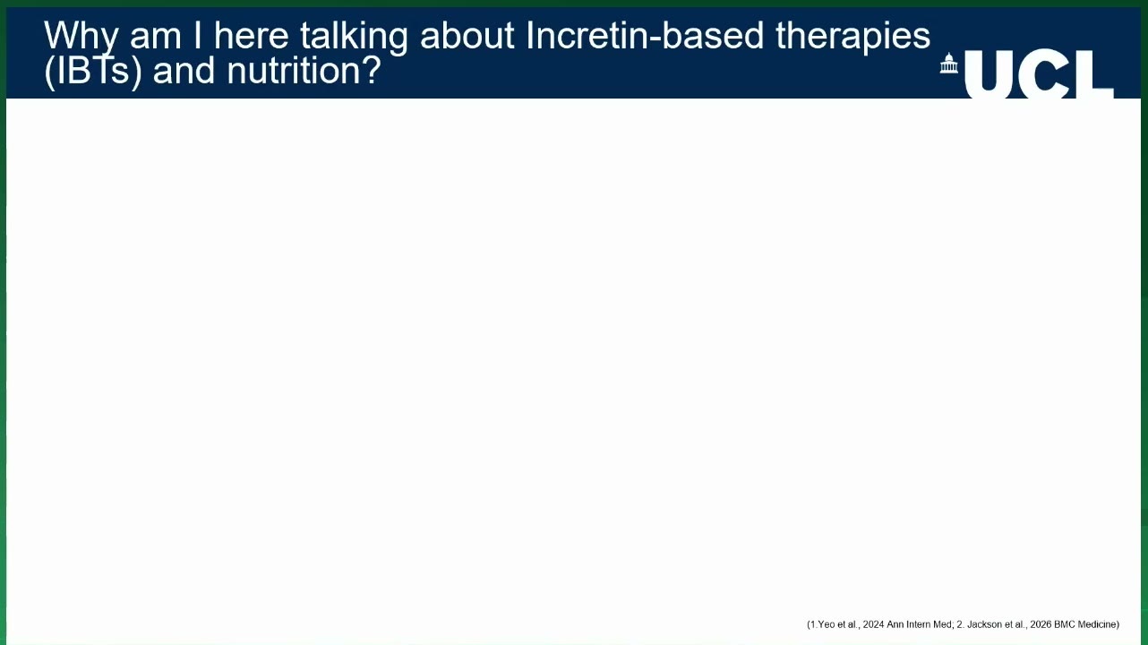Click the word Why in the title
tap(81, 37)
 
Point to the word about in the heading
tap(467, 35)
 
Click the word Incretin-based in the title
tap(645, 35)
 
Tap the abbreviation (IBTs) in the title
tap(93, 72)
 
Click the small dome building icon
tap(948, 64)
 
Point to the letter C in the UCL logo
tap(1047, 73)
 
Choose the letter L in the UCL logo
tap(1095, 73)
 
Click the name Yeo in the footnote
tap(827, 624)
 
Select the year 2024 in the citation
tap(873, 624)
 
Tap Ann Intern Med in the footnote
tap(919, 624)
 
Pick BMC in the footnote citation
tap(1064, 624)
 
